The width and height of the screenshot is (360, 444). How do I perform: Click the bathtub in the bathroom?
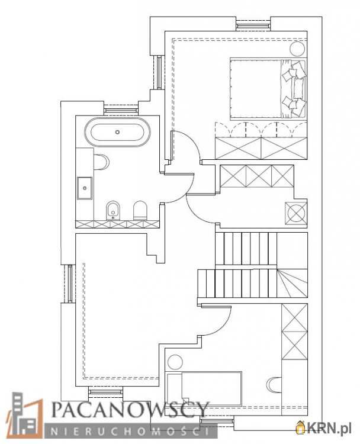pyautogui.click(x=118, y=131)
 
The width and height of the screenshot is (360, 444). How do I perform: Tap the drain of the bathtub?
pyautogui.click(x=118, y=131)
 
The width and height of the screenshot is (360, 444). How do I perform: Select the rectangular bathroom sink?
pyautogui.click(x=85, y=188)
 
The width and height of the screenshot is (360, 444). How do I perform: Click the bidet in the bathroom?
pyautogui.click(x=113, y=211)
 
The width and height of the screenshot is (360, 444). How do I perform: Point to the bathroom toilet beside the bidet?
pyautogui.click(x=140, y=210)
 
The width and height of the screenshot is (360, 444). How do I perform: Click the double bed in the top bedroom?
pyautogui.click(x=268, y=89)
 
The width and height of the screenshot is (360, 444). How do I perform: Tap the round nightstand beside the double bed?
pyautogui.click(x=297, y=49)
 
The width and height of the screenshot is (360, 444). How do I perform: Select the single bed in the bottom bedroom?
pyautogui.click(x=204, y=388)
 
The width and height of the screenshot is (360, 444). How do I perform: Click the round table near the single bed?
pyautogui.click(x=175, y=362)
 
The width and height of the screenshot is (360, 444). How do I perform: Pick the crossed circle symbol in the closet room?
pyautogui.click(x=295, y=213)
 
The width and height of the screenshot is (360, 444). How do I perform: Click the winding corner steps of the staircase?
pyautogui.click(x=292, y=283)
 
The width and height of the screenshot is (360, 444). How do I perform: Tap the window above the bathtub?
pyautogui.click(x=121, y=109)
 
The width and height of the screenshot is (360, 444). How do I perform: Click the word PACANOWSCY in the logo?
pyautogui.click(x=130, y=410)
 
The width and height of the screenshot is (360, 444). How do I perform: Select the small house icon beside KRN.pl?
pyautogui.click(x=300, y=427)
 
